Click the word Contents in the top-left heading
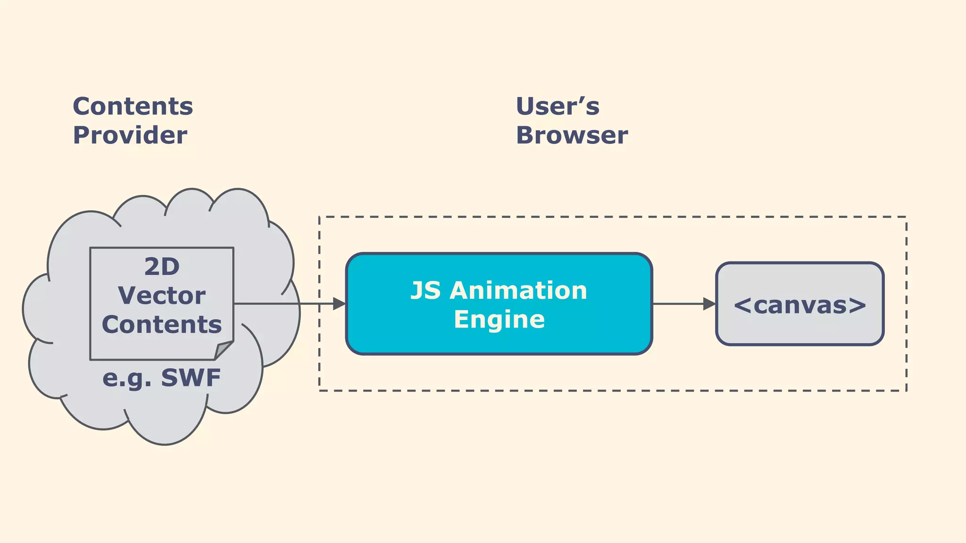(133, 107)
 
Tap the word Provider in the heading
(130, 136)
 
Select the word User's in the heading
(557, 107)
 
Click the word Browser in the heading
(572, 136)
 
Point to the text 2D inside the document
(162, 267)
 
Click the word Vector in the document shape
(162, 296)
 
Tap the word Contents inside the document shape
(162, 325)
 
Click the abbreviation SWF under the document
(191, 378)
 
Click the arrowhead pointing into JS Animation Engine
(339, 304)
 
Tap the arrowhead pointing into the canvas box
(709, 304)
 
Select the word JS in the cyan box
(425, 290)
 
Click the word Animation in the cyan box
(518, 290)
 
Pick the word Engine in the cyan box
(499, 320)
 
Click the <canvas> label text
(800, 305)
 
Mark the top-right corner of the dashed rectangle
(906, 217)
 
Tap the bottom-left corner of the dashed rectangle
(320, 390)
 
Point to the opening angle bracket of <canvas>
(742, 305)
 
